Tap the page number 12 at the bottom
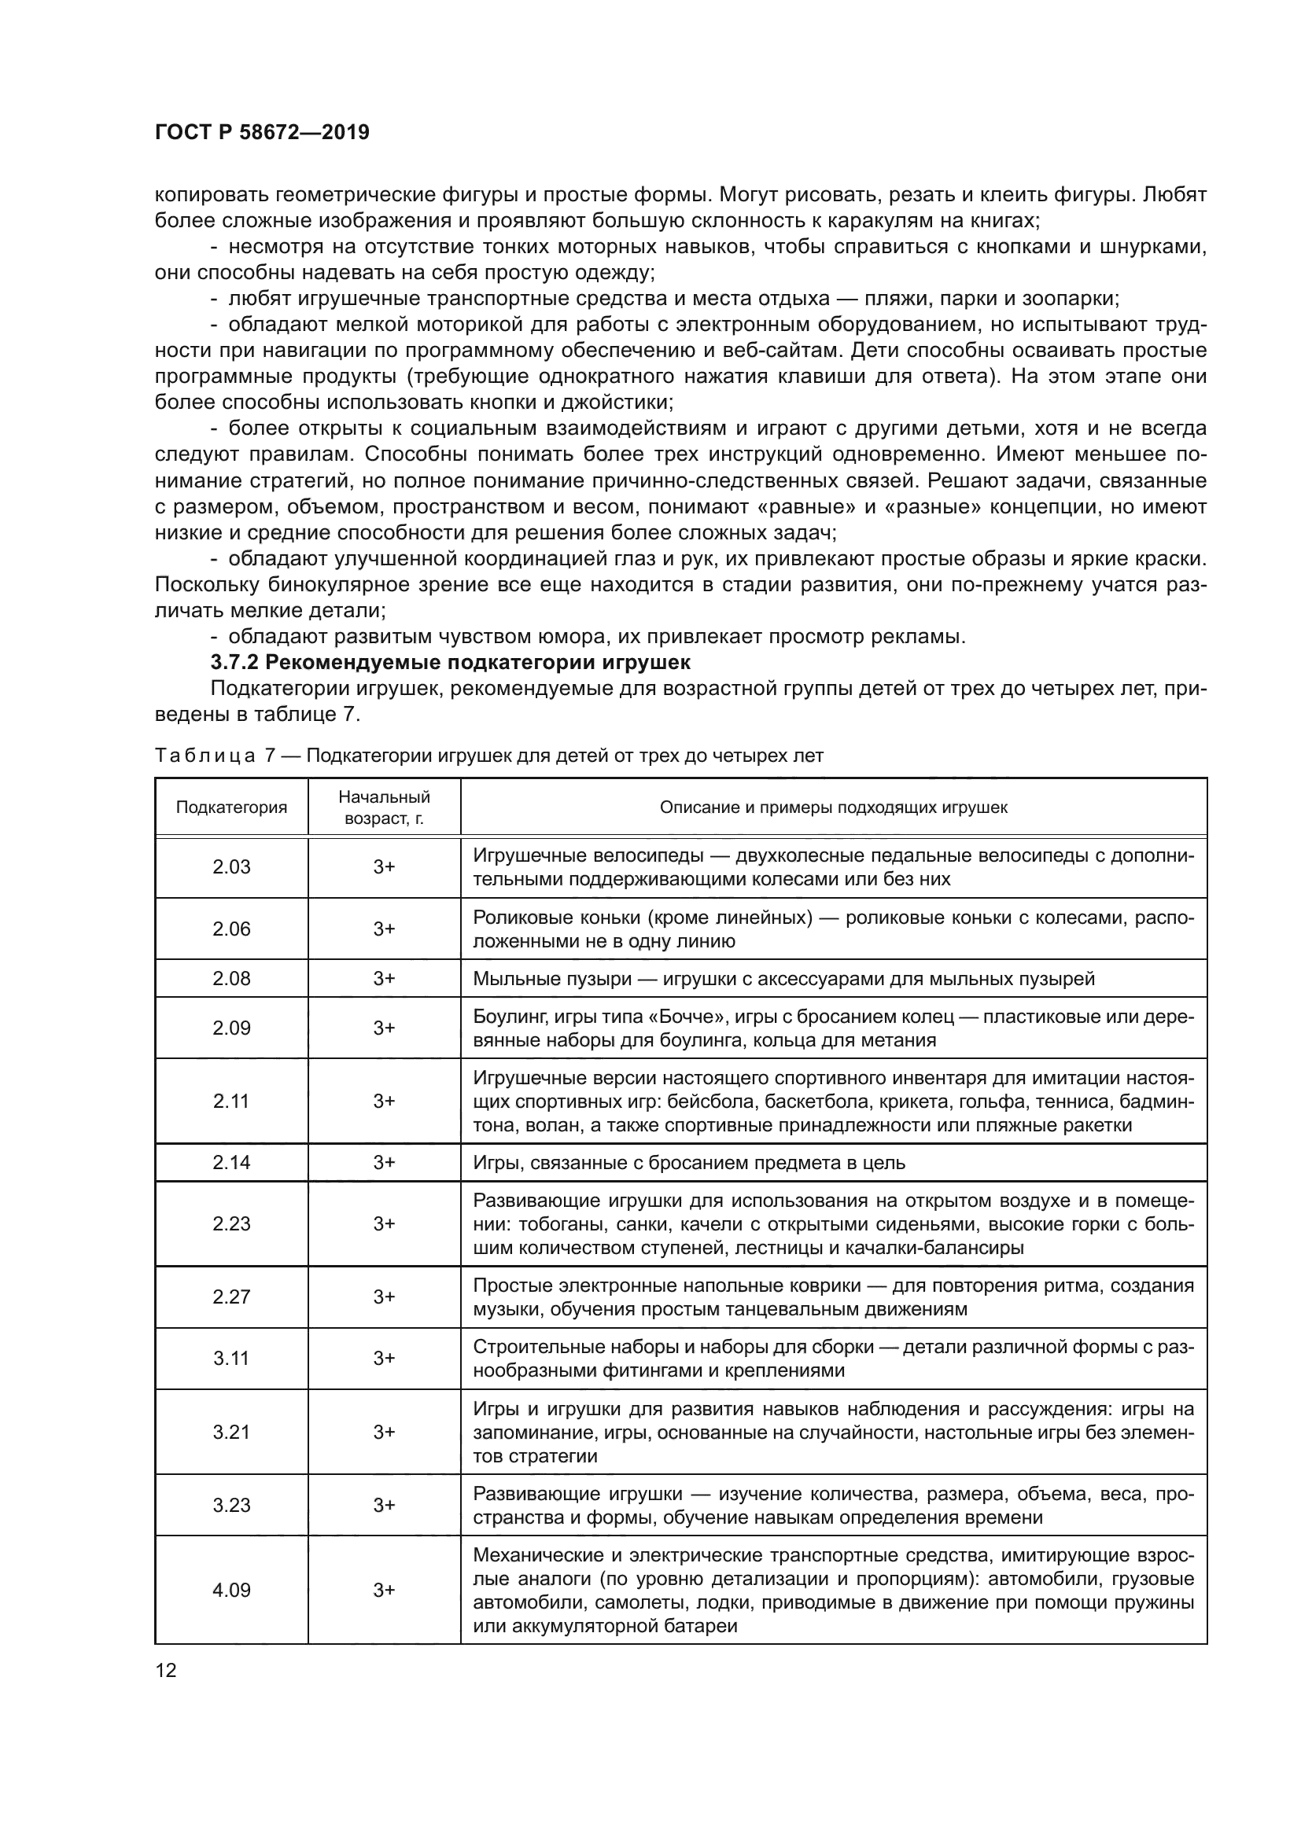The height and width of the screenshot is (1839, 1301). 166,1670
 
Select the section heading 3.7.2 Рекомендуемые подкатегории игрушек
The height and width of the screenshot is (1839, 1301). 450,662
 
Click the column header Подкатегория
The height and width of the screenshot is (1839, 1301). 231,807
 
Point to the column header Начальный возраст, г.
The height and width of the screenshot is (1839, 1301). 384,807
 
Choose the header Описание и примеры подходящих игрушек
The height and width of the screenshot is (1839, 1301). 833,807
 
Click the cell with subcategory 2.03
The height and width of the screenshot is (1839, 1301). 231,866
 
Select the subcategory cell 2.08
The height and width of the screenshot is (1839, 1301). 231,978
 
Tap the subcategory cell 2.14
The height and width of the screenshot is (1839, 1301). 231,1162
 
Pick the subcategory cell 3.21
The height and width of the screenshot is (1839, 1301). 231,1431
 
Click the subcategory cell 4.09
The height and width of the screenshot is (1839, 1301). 231,1590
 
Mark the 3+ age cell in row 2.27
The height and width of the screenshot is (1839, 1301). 384,1296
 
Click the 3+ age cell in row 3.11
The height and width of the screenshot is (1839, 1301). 384,1358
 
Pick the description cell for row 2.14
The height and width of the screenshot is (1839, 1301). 833,1162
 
